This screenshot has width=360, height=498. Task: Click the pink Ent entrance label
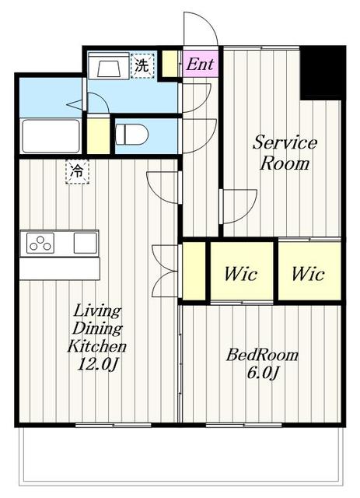(x=200, y=64)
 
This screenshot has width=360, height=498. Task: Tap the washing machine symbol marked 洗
(x=142, y=65)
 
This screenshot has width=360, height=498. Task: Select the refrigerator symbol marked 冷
(x=77, y=172)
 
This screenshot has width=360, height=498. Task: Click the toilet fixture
(x=131, y=135)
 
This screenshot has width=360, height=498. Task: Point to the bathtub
(x=51, y=135)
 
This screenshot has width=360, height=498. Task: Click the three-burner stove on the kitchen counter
(x=40, y=243)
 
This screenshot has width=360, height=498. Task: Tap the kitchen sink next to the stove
(x=86, y=243)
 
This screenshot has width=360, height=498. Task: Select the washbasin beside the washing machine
(x=109, y=65)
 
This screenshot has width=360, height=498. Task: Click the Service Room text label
(x=285, y=153)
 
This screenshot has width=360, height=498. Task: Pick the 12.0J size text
(x=98, y=363)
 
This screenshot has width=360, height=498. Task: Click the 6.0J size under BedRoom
(x=263, y=373)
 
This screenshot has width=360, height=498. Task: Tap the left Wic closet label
(x=240, y=273)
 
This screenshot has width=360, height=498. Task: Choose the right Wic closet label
(x=308, y=273)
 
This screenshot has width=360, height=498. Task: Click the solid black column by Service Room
(x=323, y=73)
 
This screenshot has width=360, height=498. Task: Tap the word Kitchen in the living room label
(x=97, y=345)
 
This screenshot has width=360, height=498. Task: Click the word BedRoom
(x=262, y=355)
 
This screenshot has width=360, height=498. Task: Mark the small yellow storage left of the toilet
(x=99, y=136)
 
